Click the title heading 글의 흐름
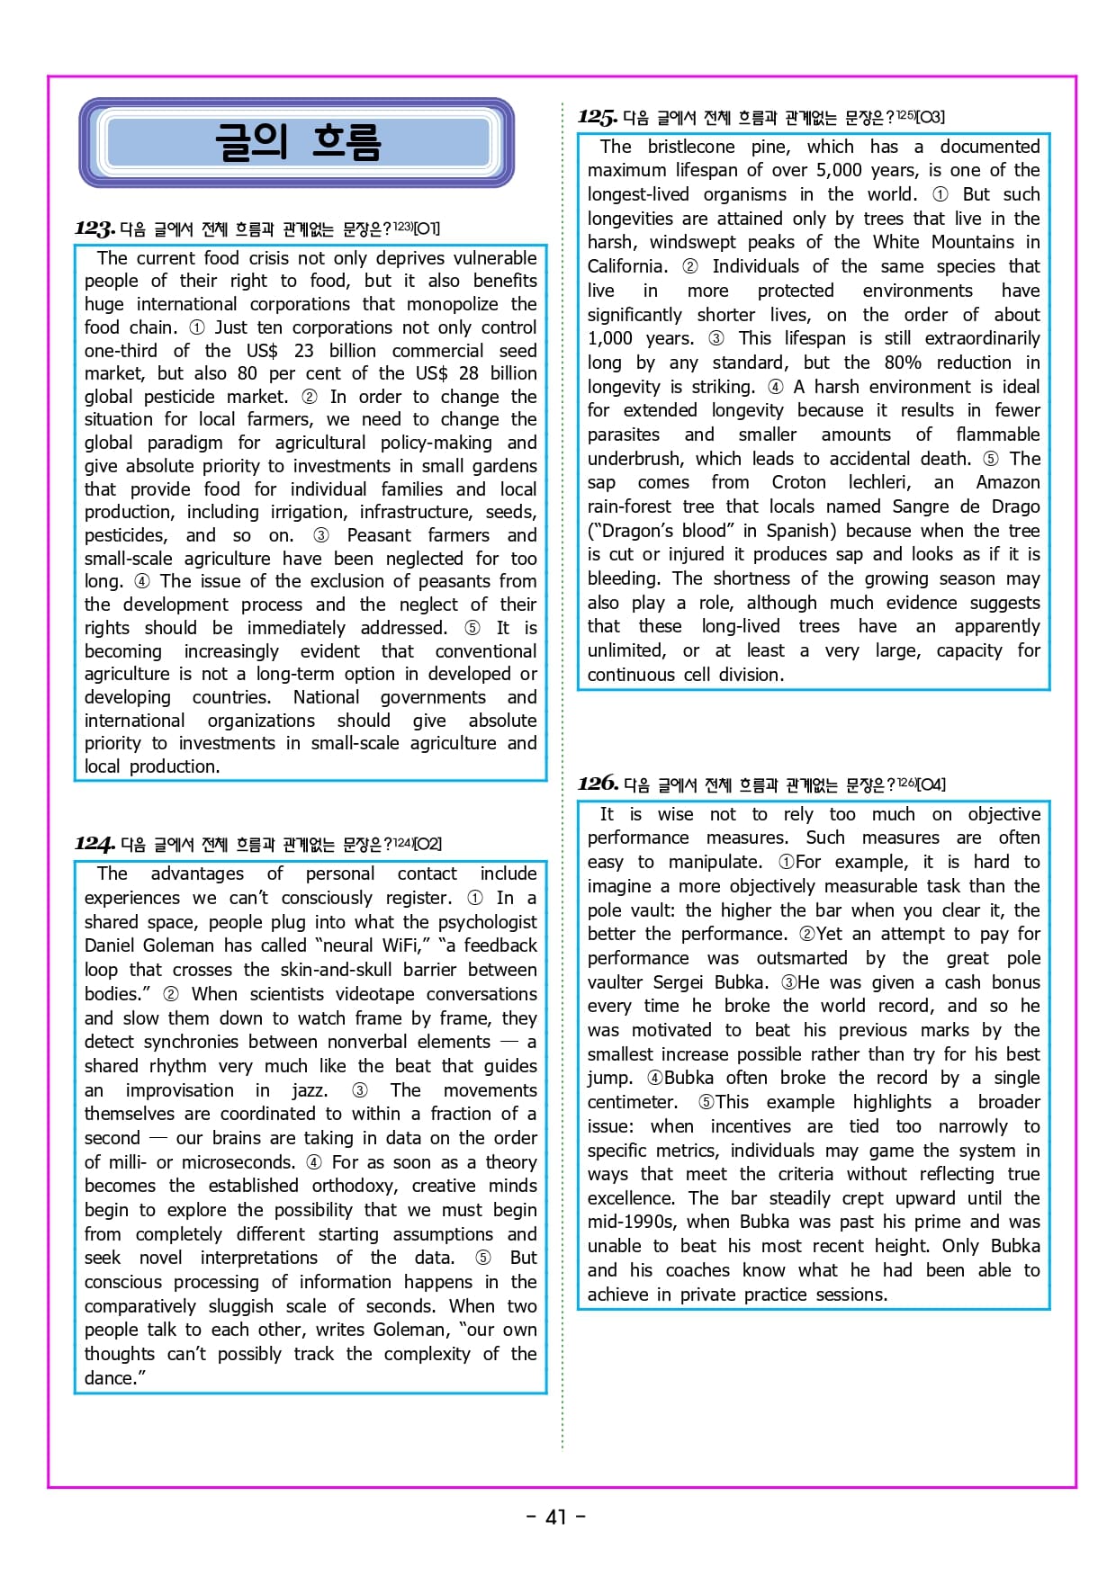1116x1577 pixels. pos(297,142)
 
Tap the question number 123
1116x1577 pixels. pos(94,228)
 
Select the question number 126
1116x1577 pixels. pos(597,784)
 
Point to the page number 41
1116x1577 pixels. pos(556,1517)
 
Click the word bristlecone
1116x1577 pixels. pos(691,147)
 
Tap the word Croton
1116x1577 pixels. pos(797,482)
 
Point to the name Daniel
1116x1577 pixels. pos(119,945)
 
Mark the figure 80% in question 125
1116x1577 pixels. pos(902,363)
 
